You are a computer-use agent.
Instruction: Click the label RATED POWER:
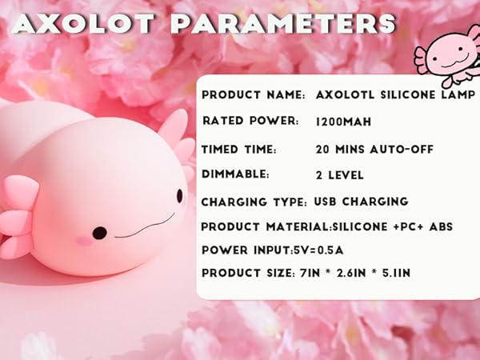click(250, 122)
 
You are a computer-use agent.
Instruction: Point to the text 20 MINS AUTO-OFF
click(370, 149)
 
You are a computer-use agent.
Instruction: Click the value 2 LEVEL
click(340, 174)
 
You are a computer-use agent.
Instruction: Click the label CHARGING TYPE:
click(253, 202)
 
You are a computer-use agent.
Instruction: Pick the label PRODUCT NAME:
click(253, 95)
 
